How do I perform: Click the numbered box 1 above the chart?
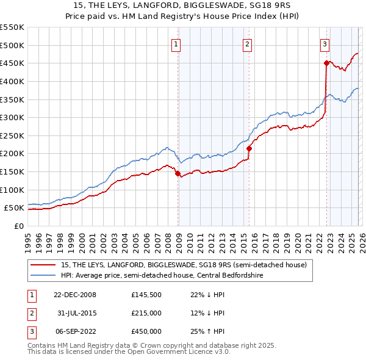(176, 43)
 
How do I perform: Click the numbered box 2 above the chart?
(247, 43)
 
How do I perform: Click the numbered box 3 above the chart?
(325, 43)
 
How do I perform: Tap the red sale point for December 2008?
(178, 174)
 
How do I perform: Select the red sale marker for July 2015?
(249, 148)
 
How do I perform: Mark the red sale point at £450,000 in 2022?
(326, 63)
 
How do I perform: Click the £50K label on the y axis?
(14, 208)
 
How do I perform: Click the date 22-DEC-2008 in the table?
(75, 295)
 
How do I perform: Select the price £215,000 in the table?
(146, 313)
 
